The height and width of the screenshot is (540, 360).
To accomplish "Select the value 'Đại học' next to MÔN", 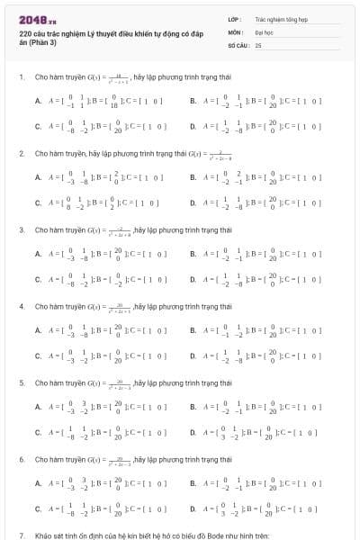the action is point(263,31).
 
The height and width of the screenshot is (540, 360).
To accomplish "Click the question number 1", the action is point(21,77).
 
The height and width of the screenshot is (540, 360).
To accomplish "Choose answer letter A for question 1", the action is point(38,102).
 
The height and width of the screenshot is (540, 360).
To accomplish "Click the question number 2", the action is point(21,154).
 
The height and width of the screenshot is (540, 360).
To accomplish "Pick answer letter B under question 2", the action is point(193,178).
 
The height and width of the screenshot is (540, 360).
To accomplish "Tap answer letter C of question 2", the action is point(38,205).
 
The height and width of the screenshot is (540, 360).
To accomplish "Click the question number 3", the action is point(21,230).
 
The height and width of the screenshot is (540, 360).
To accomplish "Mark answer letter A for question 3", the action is point(38,255).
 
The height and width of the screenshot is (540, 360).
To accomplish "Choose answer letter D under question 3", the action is point(193,282).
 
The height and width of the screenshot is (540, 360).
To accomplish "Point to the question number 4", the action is point(21,307).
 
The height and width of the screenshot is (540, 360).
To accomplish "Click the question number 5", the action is point(21,383).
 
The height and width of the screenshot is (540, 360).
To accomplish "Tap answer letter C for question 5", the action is point(38,435).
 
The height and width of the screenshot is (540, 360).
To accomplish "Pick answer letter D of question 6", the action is point(193,511).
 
